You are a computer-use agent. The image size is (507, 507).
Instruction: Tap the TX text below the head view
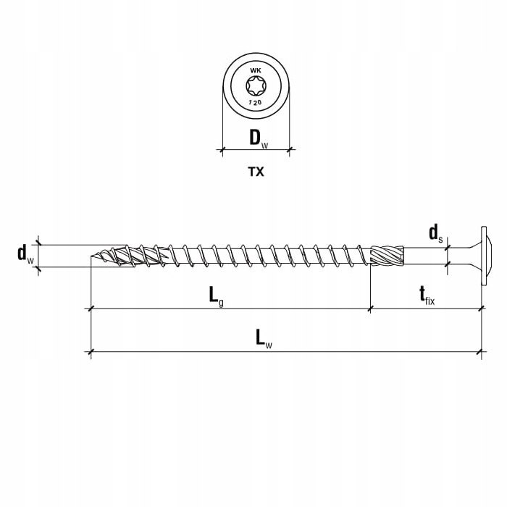tap(256, 172)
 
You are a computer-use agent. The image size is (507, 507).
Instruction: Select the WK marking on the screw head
tap(256, 71)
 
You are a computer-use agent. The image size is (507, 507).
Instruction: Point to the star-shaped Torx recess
tap(256, 86)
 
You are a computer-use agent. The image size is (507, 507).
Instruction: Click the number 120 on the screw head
tap(255, 103)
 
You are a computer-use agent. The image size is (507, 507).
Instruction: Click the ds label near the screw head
tap(435, 234)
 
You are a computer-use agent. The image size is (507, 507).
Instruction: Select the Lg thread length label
tap(216, 296)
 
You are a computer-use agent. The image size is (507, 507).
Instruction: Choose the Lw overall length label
tap(264, 338)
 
